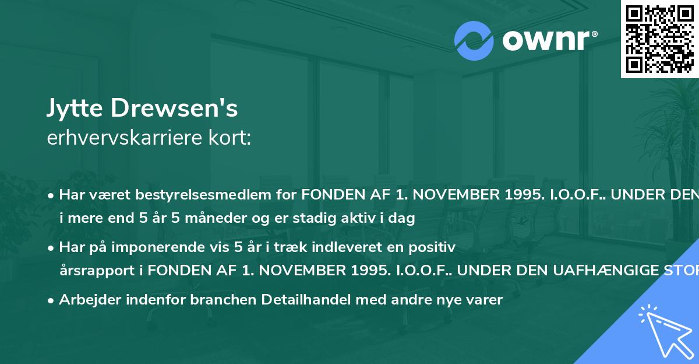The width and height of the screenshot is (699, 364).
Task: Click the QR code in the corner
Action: [x=659, y=38]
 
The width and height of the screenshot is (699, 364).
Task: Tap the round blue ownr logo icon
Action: [x=474, y=41]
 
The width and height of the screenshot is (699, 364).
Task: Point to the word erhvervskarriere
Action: [x=123, y=138]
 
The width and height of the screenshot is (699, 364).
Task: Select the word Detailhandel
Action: [x=308, y=300]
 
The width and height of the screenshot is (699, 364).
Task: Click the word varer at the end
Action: [x=484, y=300]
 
